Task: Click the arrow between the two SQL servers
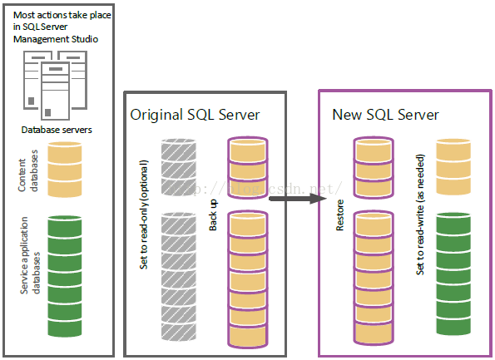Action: click(298, 199)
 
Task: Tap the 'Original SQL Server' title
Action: click(195, 115)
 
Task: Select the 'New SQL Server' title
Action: click(385, 115)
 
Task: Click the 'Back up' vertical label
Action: click(213, 215)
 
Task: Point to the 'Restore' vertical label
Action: click(339, 215)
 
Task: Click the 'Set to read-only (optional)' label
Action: click(144, 215)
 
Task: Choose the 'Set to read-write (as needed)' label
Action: click(420, 215)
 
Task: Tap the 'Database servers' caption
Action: click(57, 130)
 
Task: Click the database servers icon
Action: click(55, 85)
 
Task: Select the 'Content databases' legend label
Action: click(27, 170)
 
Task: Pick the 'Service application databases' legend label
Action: click(30, 255)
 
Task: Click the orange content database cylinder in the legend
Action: click(65, 170)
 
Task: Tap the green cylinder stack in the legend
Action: click(65, 276)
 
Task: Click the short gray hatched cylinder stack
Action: click(179, 167)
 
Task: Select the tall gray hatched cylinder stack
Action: click(179, 277)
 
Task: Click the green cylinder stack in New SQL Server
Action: click(453, 274)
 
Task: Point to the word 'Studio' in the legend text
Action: click(85, 39)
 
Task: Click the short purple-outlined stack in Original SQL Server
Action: click(248, 168)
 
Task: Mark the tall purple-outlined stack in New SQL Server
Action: click(374, 278)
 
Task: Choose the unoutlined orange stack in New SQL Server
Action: click(453, 167)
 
